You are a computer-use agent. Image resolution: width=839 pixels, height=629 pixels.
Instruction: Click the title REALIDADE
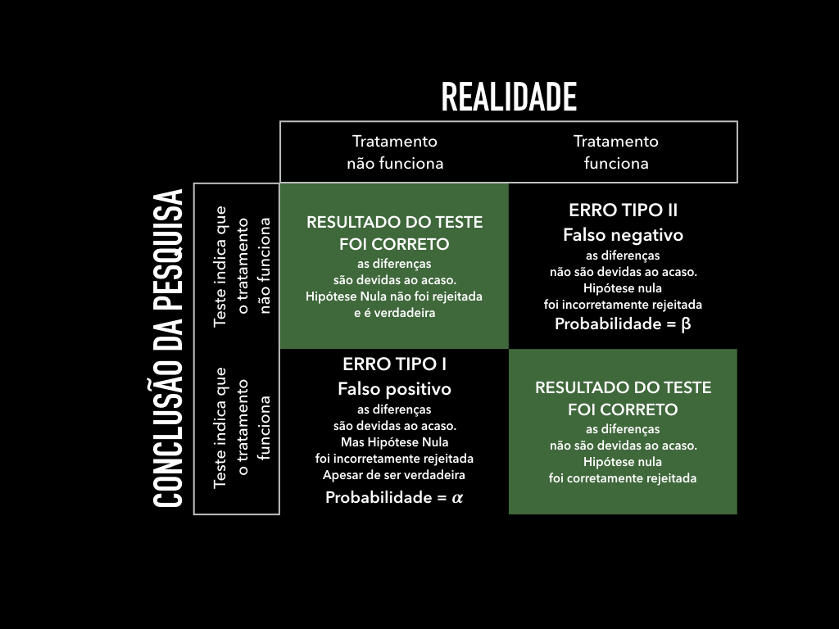click(x=509, y=97)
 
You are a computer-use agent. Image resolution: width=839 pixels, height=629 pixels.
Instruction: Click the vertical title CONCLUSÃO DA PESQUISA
click(x=168, y=348)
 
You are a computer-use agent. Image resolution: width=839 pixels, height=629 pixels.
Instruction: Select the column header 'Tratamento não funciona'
click(x=395, y=152)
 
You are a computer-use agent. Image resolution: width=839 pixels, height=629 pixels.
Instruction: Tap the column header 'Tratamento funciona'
click(x=616, y=152)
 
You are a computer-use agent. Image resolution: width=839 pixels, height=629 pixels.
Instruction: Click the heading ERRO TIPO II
click(x=623, y=210)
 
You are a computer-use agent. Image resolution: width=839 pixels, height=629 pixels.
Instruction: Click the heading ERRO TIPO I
click(x=394, y=364)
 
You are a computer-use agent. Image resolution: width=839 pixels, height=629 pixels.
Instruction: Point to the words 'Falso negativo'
click(x=623, y=235)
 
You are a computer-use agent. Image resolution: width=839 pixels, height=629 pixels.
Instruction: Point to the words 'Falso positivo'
click(x=394, y=389)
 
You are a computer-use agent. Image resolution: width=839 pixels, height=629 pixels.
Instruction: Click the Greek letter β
click(x=686, y=324)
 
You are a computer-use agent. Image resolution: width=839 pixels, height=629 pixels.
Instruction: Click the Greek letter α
click(x=457, y=497)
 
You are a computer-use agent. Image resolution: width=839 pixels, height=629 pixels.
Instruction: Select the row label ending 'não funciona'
click(x=242, y=265)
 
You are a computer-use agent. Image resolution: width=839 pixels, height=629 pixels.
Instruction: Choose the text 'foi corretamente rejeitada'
click(x=623, y=478)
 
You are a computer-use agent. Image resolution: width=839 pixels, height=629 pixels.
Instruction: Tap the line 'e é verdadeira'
click(x=394, y=312)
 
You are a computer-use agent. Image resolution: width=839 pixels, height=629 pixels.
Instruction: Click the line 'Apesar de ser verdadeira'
click(x=394, y=474)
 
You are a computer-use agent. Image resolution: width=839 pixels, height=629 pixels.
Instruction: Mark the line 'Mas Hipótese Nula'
click(x=394, y=442)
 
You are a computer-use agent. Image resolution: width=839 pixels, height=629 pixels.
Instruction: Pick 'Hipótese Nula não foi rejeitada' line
click(x=394, y=296)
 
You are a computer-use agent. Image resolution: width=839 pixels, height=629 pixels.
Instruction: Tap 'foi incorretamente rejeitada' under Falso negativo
click(x=623, y=305)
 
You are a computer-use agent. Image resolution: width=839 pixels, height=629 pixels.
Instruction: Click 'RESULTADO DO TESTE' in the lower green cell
click(x=623, y=387)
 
